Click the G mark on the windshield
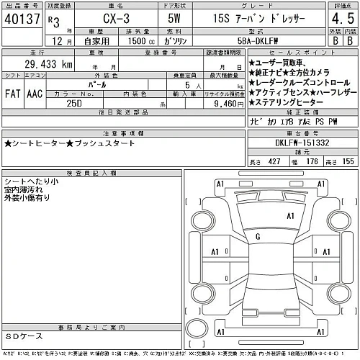pos(258,236)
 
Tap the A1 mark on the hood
pos(292,215)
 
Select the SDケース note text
pos(24,336)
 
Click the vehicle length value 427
pos(274,163)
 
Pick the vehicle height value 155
pos(348,163)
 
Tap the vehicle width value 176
pos(312,163)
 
